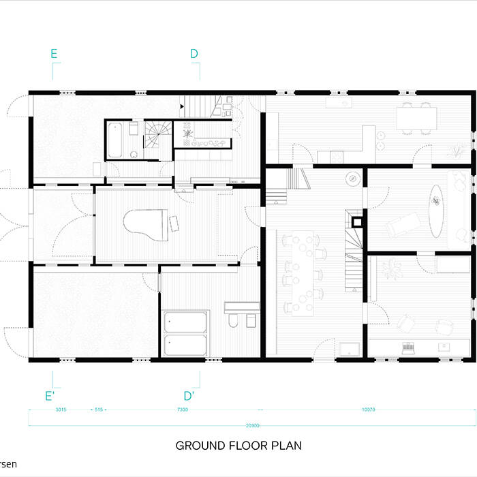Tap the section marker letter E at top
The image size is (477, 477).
click(x=54, y=53)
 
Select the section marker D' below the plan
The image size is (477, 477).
click(x=189, y=395)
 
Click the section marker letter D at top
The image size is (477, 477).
click(x=194, y=53)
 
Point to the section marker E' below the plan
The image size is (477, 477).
click(x=50, y=395)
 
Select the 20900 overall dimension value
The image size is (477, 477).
click(x=251, y=425)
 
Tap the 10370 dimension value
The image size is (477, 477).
click(x=369, y=410)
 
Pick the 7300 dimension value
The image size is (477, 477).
click(x=183, y=410)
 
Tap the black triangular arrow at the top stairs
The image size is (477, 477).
click(x=182, y=106)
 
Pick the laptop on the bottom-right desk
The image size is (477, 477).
click(x=409, y=348)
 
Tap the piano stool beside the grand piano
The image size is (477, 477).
click(x=174, y=222)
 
